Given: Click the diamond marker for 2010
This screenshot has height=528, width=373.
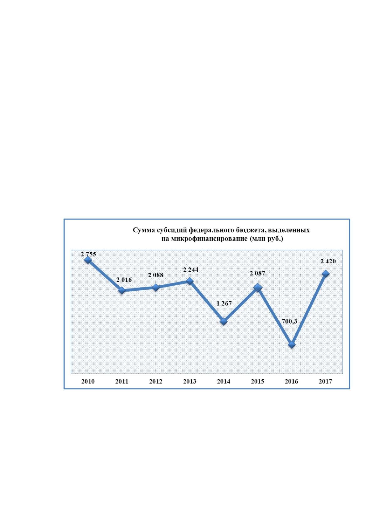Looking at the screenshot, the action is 88,260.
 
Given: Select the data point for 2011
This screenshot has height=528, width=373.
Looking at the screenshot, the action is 122,290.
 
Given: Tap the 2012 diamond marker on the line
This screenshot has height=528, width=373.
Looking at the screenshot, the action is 156,287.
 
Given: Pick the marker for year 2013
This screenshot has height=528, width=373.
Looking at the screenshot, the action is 189,281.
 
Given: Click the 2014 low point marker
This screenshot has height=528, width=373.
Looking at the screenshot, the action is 224,321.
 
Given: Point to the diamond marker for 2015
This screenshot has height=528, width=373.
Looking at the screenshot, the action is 258,288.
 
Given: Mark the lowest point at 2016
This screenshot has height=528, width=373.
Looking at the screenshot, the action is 292,345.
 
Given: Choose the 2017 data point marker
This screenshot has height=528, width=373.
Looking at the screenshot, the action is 326,274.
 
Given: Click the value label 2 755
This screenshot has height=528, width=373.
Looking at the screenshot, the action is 89,254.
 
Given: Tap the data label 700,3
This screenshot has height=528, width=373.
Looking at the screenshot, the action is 289,321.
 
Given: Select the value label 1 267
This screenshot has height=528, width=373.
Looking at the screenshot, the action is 224,304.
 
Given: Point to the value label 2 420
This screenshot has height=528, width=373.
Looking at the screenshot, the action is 328,261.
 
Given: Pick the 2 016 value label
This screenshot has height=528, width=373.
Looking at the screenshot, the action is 124,280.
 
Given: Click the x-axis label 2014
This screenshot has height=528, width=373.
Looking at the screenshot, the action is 224,381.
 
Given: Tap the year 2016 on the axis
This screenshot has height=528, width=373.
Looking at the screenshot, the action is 292,381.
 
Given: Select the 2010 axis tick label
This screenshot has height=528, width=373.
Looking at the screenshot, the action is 88,381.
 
